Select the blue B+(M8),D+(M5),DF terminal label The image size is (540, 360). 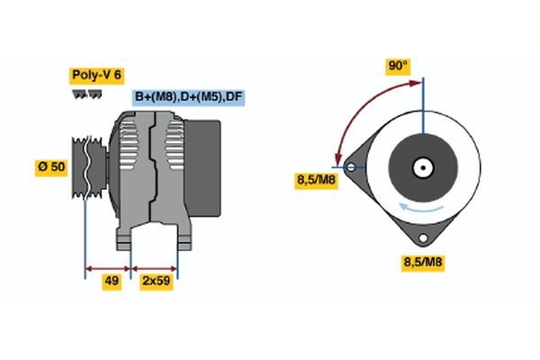click(x=188, y=96)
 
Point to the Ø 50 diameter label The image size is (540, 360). click(x=51, y=167)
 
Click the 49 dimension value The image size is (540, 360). click(x=111, y=281)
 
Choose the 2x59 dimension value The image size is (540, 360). click(x=156, y=281)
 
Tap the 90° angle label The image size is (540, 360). click(x=398, y=66)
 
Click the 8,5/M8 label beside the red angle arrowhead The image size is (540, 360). click(x=316, y=180)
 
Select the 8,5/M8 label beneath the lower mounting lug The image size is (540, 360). click(x=422, y=263)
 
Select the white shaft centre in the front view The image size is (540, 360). click(x=423, y=166)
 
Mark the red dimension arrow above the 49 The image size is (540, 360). click(x=108, y=268)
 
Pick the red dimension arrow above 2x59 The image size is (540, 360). click(x=155, y=268)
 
